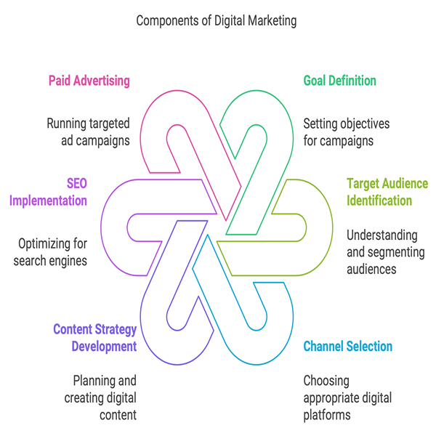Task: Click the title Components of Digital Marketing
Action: (x=217, y=20)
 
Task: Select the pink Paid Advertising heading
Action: (x=89, y=80)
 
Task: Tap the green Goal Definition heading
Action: (x=339, y=80)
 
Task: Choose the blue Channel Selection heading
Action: (x=347, y=346)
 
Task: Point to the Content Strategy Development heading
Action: (x=95, y=338)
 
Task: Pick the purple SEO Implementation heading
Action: (x=48, y=192)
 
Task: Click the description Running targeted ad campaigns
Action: (x=89, y=132)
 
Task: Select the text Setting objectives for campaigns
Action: (x=346, y=132)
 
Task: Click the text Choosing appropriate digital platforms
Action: (x=347, y=397)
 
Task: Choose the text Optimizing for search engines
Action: (x=50, y=251)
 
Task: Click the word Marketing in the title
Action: (x=270, y=20)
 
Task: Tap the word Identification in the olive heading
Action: (x=379, y=201)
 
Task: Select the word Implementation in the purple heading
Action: (x=48, y=201)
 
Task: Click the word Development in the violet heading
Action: (x=104, y=346)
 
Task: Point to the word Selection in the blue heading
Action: (x=368, y=346)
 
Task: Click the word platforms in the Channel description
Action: (x=327, y=415)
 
